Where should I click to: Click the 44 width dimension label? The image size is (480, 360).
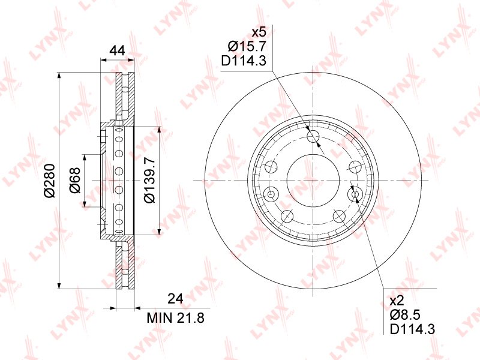[x=118, y=50]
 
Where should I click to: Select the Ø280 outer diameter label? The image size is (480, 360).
[x=49, y=181]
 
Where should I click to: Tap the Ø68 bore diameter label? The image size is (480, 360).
[x=74, y=181]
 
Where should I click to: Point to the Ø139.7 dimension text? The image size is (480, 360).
[x=149, y=180]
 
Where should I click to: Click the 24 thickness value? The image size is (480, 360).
[x=175, y=298]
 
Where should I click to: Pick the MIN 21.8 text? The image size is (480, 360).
[x=175, y=318]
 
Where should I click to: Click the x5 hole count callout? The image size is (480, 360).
[x=259, y=32]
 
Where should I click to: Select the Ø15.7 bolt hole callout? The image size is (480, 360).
[x=247, y=46]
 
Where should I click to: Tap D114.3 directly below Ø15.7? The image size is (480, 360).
[x=244, y=61]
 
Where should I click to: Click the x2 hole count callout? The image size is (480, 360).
[x=397, y=301]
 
